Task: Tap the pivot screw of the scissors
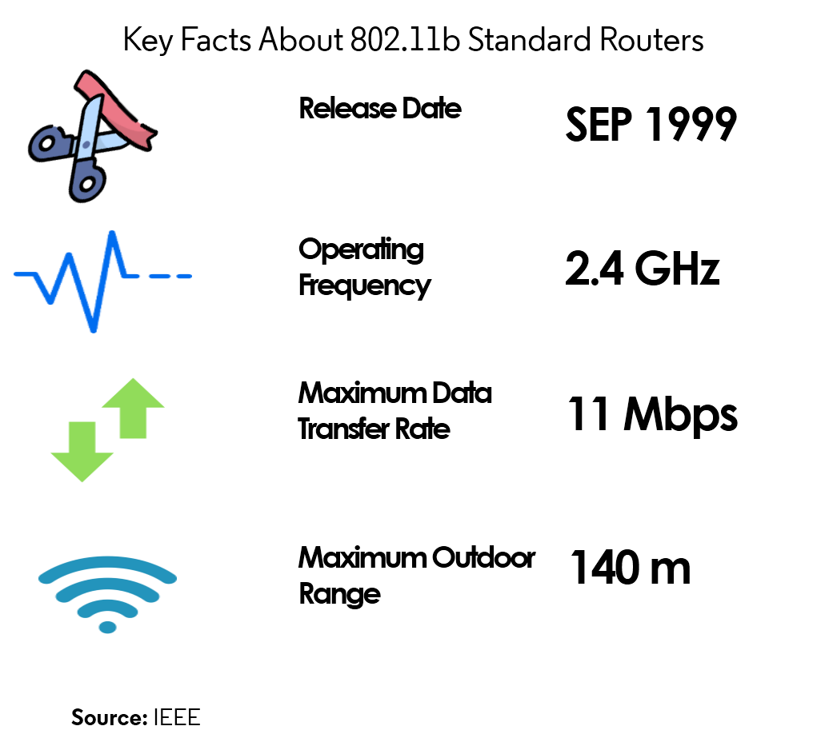(x=86, y=145)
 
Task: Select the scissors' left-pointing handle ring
(x=46, y=144)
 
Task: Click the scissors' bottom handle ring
(x=87, y=182)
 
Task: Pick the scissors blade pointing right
(x=110, y=142)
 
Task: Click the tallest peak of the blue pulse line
(x=112, y=234)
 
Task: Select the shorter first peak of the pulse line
(x=70, y=257)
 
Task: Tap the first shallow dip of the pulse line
(x=50, y=300)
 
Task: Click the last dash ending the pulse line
(x=183, y=277)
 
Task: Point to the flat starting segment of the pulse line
(x=26, y=273)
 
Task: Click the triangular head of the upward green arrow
(x=133, y=394)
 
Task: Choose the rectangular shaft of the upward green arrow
(x=133, y=423)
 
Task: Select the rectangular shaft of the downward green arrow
(x=82, y=437)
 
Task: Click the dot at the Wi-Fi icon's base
(x=107, y=627)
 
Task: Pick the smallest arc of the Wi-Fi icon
(x=107, y=605)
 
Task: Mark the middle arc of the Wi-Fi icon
(x=107, y=584)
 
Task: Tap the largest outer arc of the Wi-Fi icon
(x=107, y=562)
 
